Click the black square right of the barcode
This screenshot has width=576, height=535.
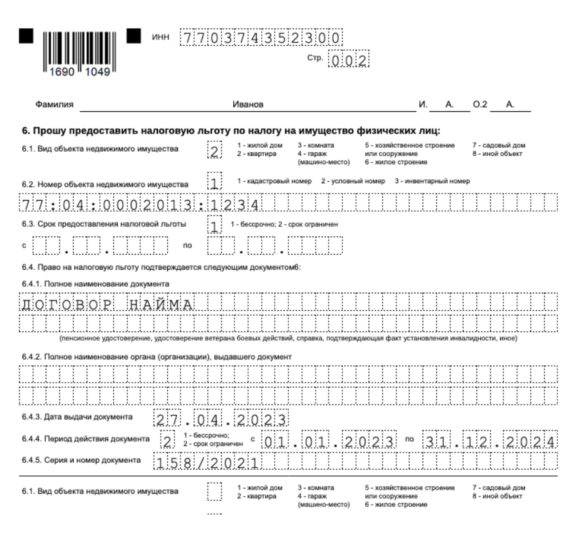[134, 36]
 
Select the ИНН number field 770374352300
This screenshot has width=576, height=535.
[261, 38]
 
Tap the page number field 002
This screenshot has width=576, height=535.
[349, 60]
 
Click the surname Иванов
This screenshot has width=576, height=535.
[248, 105]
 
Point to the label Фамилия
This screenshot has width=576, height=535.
[54, 105]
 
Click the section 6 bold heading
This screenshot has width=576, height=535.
[231, 130]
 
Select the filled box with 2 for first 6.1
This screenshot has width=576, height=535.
[215, 150]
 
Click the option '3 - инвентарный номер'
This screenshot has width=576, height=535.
[432, 181]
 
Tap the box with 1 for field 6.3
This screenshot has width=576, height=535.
[215, 225]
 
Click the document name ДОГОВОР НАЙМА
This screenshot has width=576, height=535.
[107, 304]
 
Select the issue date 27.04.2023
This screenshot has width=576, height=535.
[221, 419]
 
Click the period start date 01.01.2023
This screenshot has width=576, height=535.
[329, 441]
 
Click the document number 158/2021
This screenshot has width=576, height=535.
[207, 463]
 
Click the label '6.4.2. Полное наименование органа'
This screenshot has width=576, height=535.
[157, 357]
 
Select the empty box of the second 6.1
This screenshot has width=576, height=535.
[215, 492]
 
